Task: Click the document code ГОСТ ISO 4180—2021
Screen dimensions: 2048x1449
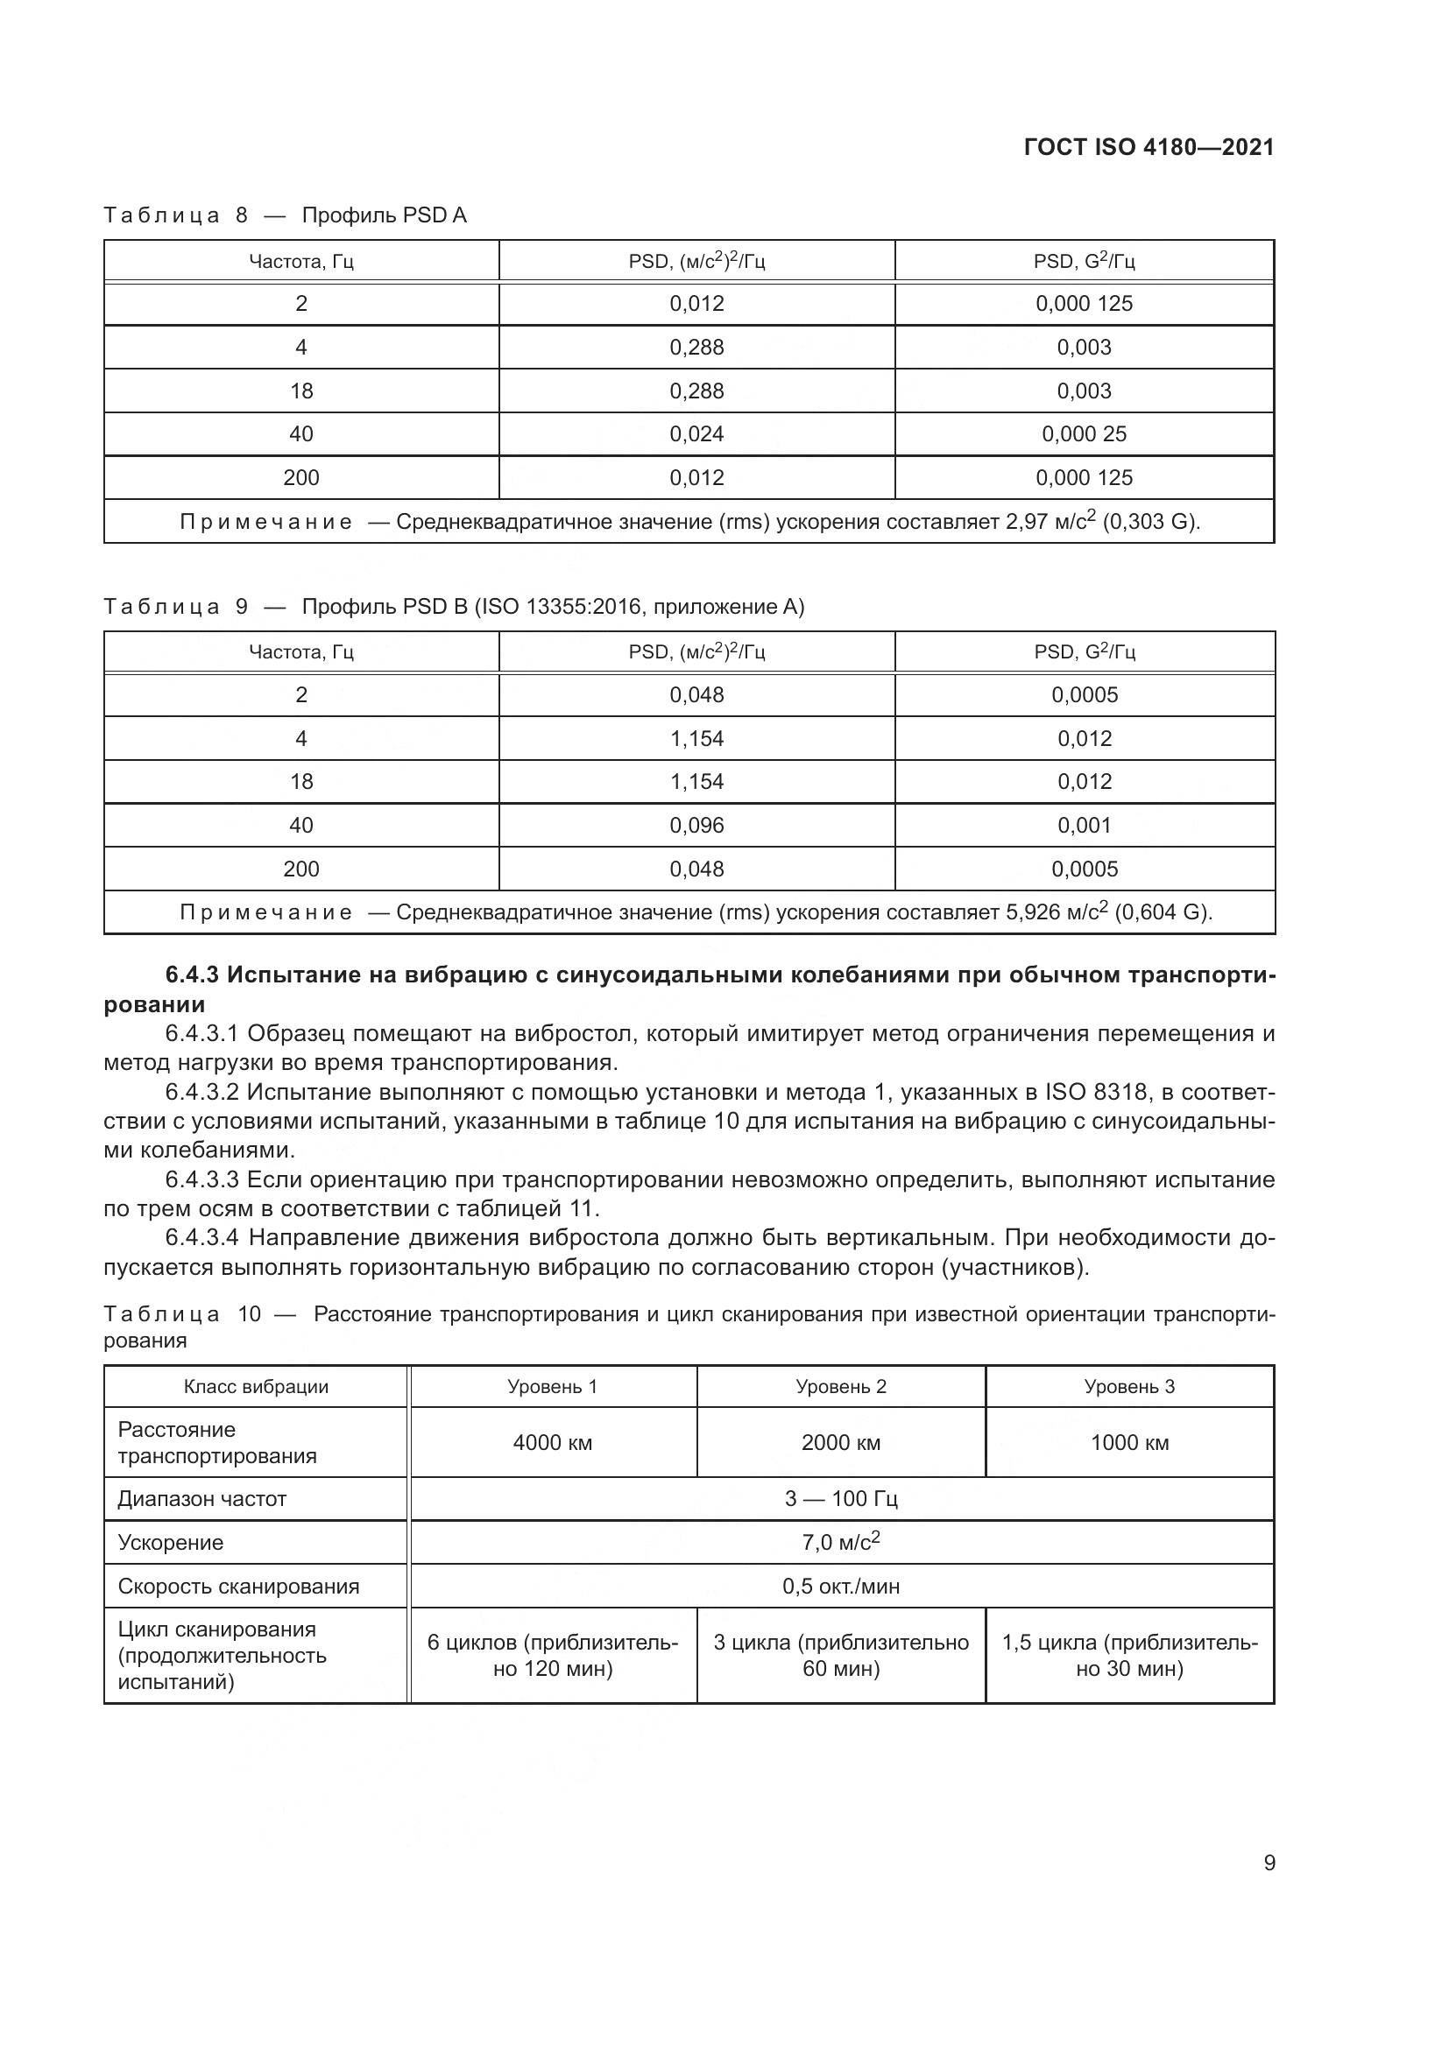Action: (1149, 147)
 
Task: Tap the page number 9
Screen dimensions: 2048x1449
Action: (1269, 1862)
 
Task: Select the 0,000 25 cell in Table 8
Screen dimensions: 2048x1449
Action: (1084, 434)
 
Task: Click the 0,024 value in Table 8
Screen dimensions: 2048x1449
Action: (696, 434)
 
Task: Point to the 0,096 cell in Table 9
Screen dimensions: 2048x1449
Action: (696, 825)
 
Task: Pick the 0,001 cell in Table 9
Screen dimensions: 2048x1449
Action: (1084, 825)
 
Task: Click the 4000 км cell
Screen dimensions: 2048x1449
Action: (552, 1442)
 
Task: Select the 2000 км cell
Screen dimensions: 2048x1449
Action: (840, 1442)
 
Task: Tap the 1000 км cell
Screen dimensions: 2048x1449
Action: (1129, 1442)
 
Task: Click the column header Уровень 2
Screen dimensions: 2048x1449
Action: (840, 1386)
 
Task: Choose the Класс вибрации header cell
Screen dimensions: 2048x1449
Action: (256, 1386)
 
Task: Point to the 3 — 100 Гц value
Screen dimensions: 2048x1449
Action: (840, 1498)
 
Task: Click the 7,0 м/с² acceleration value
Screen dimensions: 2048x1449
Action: (840, 1542)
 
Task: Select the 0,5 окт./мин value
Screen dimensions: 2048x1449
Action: (840, 1586)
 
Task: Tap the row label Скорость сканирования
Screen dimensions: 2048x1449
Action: (238, 1586)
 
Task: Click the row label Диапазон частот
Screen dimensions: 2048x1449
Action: (201, 1498)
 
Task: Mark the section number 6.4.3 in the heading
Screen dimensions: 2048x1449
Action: (192, 975)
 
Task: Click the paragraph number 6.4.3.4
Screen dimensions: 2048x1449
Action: (201, 1237)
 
